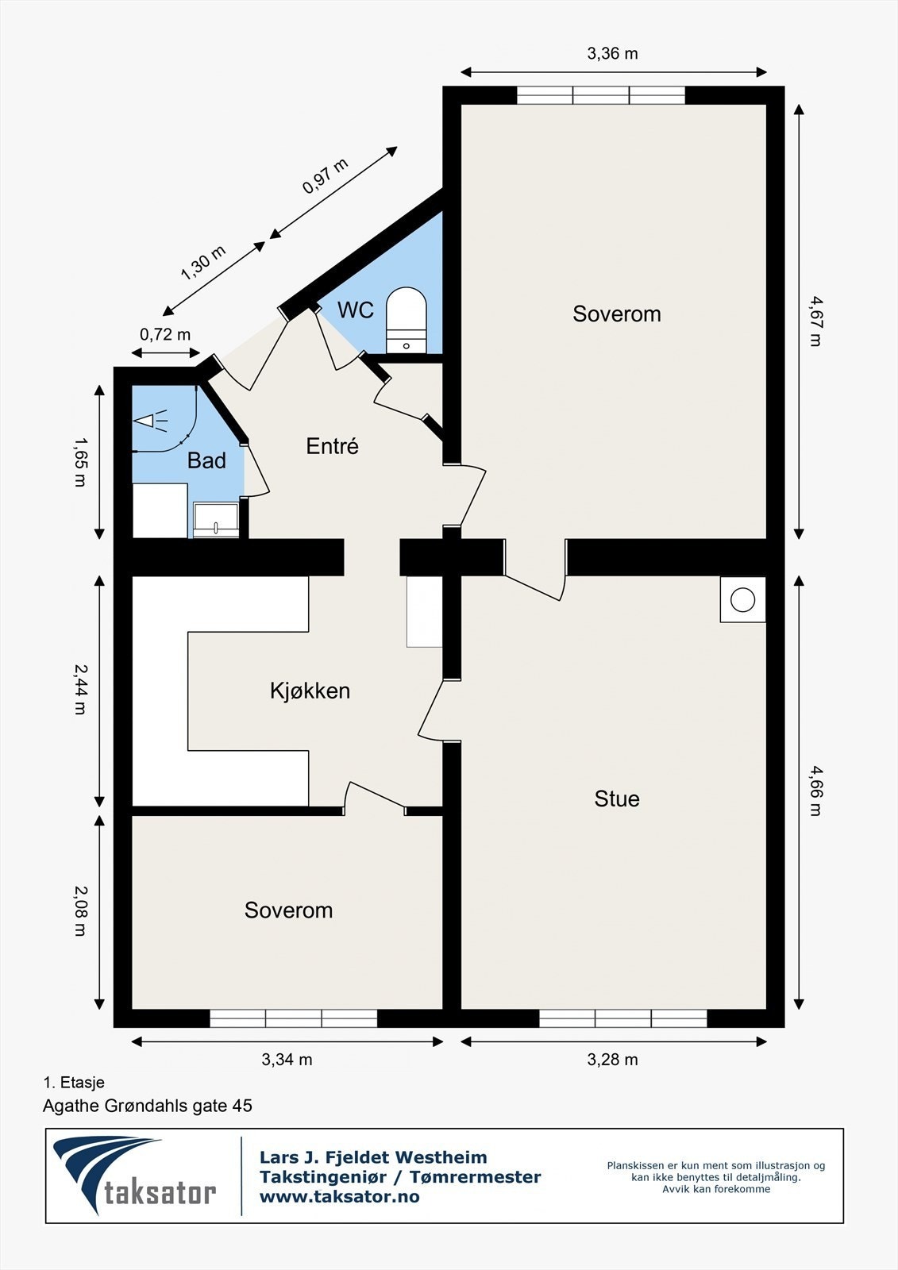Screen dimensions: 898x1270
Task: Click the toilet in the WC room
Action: coord(406,321)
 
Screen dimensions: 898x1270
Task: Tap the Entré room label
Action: coord(333,446)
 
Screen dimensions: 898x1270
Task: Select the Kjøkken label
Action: coord(310,691)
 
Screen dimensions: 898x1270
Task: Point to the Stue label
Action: coord(617,799)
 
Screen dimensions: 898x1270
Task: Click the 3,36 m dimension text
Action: coord(612,54)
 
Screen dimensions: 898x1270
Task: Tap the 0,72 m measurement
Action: coord(165,334)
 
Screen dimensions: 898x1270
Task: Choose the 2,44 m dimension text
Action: coord(80,689)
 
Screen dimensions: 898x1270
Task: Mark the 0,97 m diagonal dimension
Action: coord(325,175)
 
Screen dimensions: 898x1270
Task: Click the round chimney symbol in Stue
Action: coord(742,600)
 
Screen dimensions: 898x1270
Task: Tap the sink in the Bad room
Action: coord(215,519)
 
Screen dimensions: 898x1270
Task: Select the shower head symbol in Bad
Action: coord(150,421)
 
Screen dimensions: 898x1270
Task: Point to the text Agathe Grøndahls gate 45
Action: coord(148,1106)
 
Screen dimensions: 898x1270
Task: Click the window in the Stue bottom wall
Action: coord(622,1018)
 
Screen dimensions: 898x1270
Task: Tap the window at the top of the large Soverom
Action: coord(601,95)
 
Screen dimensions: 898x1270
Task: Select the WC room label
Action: coord(356,310)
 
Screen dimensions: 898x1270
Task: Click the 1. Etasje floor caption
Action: coord(74,1083)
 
